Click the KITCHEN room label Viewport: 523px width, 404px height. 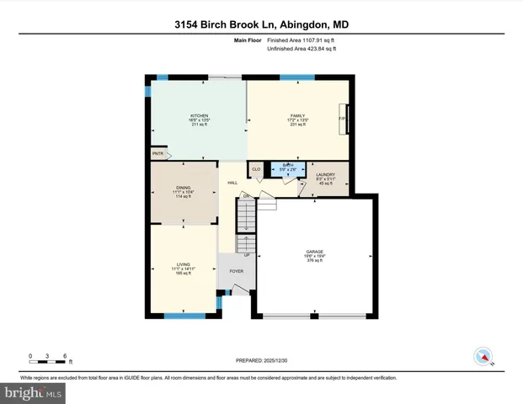click(x=199, y=115)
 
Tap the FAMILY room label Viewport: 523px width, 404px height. click(x=297, y=115)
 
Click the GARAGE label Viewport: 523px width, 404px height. click(x=315, y=252)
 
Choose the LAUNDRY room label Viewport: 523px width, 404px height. click(x=325, y=174)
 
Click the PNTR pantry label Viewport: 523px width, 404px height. click(x=157, y=154)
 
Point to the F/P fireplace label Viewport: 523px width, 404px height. click(x=342, y=119)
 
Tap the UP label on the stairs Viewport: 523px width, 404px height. click(x=247, y=254)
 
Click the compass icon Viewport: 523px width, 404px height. click(x=483, y=356)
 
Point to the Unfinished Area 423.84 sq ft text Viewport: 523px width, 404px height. click(x=301, y=49)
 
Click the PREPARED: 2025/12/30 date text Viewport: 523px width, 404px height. click(x=261, y=360)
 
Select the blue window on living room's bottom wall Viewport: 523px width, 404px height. click(x=181, y=316)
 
